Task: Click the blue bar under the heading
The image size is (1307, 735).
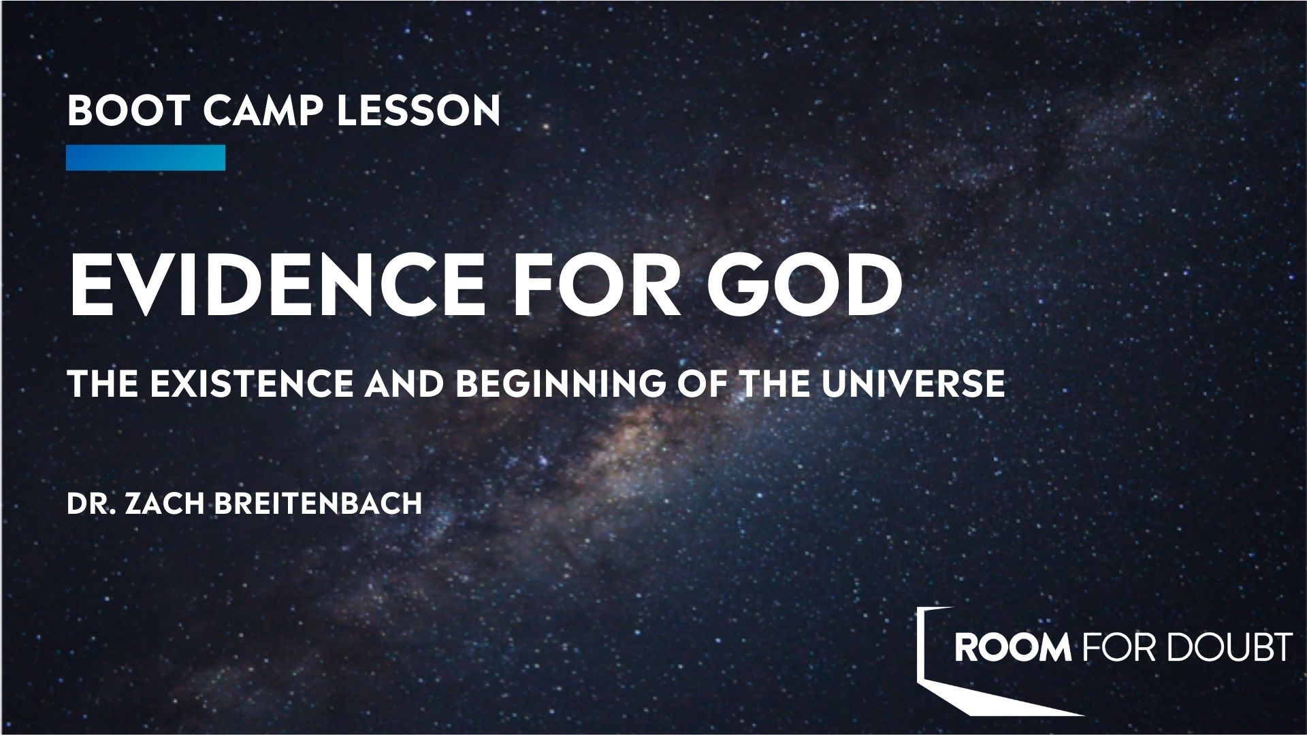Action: click(x=146, y=157)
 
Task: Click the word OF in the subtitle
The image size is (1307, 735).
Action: click(x=696, y=385)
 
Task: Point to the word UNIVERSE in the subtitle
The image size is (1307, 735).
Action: click(x=913, y=385)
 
